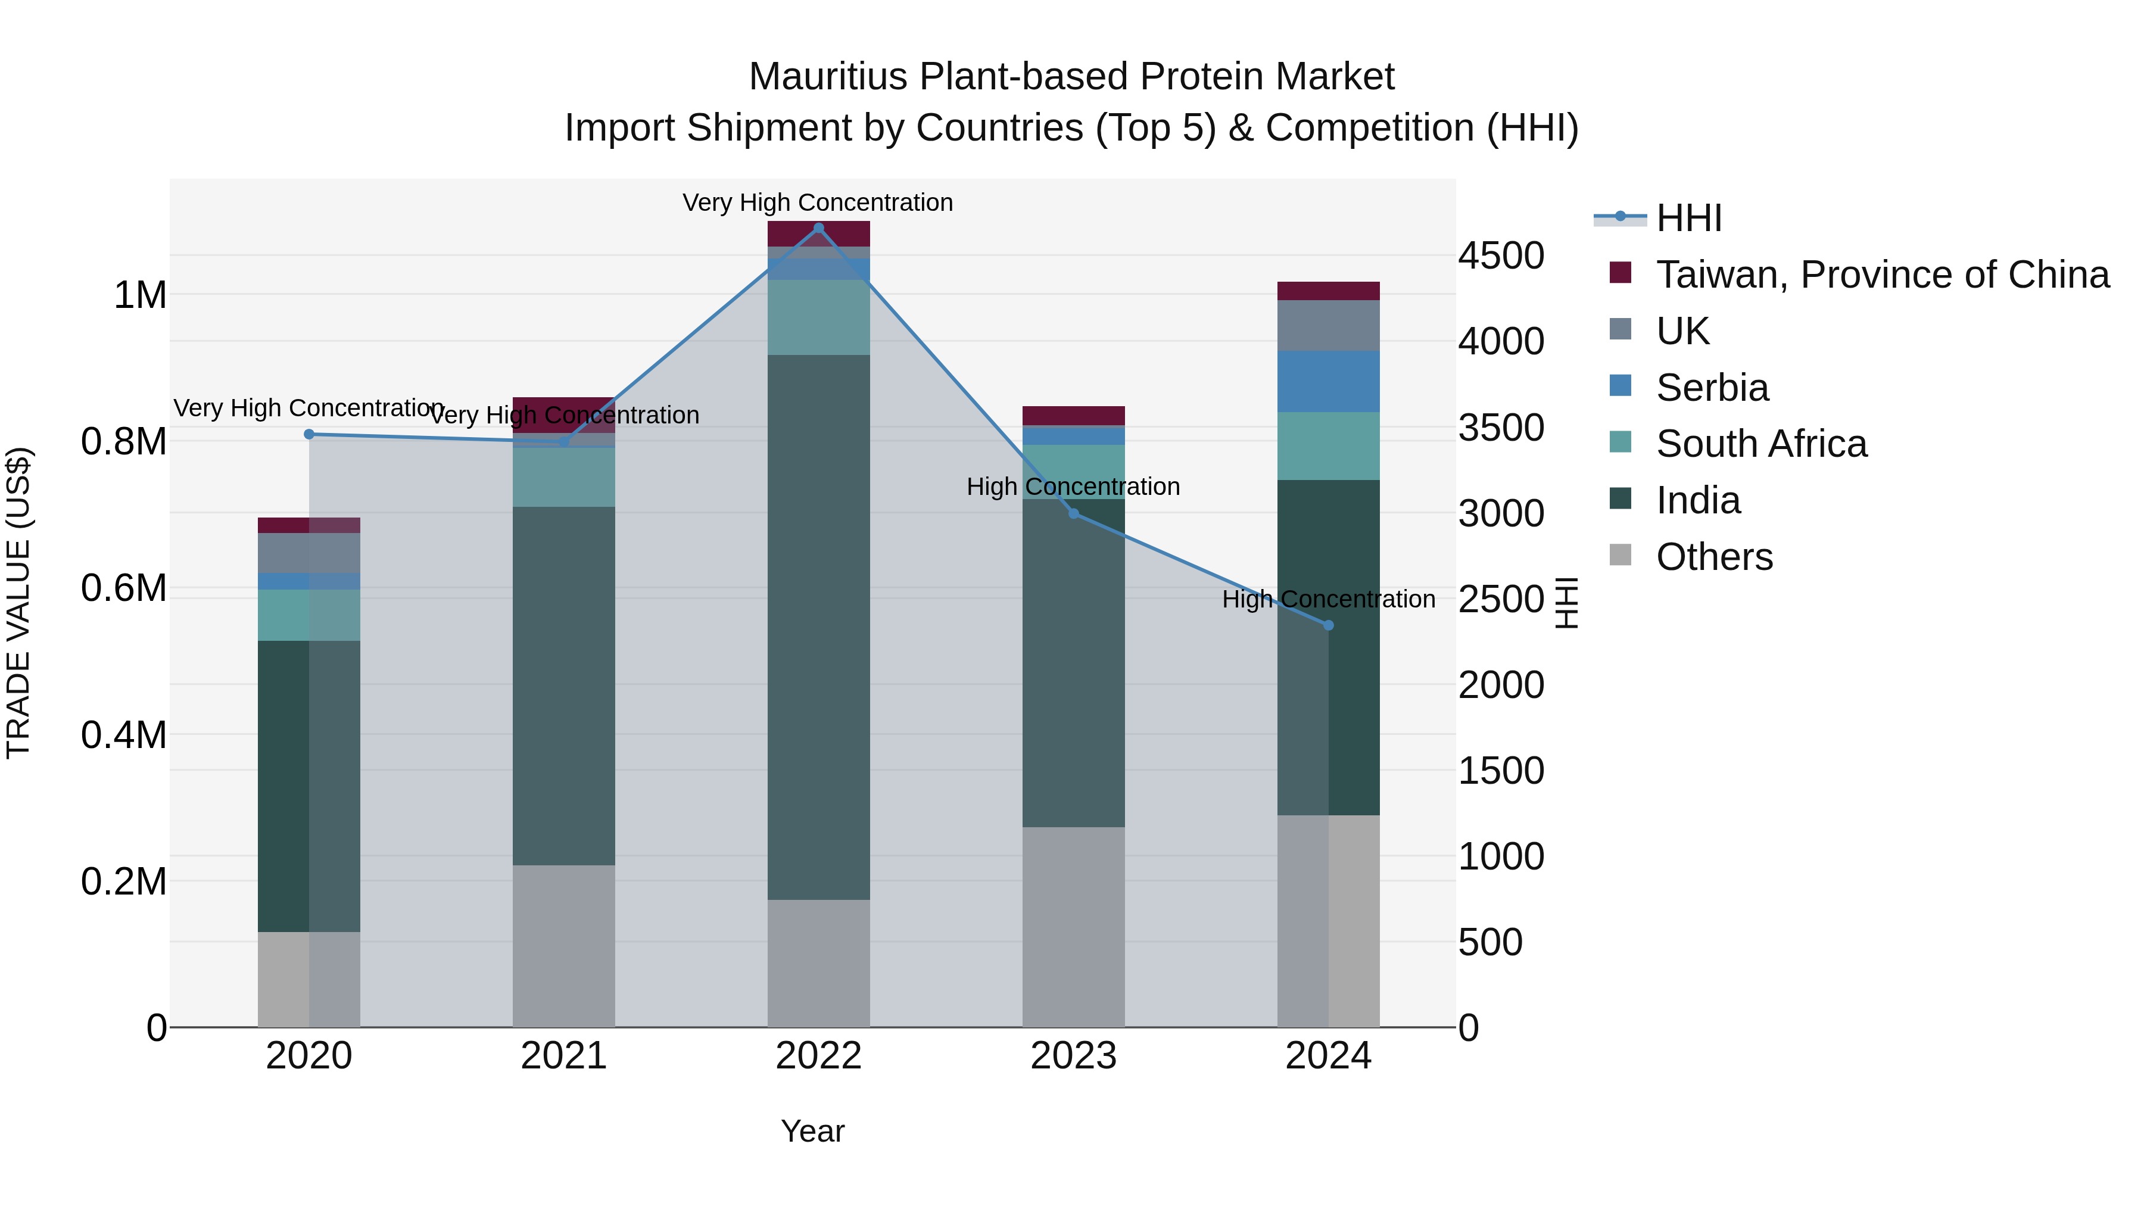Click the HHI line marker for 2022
click(818, 228)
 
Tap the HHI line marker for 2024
click(1328, 625)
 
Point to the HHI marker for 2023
click(1074, 513)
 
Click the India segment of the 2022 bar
click(818, 624)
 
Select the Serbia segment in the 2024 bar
click(1328, 381)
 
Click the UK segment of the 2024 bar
click(1328, 325)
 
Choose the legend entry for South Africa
click(1760, 444)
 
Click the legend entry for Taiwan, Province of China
click(1881, 275)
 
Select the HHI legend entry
click(1688, 218)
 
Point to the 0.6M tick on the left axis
click(123, 588)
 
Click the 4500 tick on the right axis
click(1501, 255)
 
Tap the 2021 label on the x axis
click(563, 1056)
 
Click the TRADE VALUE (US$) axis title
click(18, 603)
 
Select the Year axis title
click(812, 1131)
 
